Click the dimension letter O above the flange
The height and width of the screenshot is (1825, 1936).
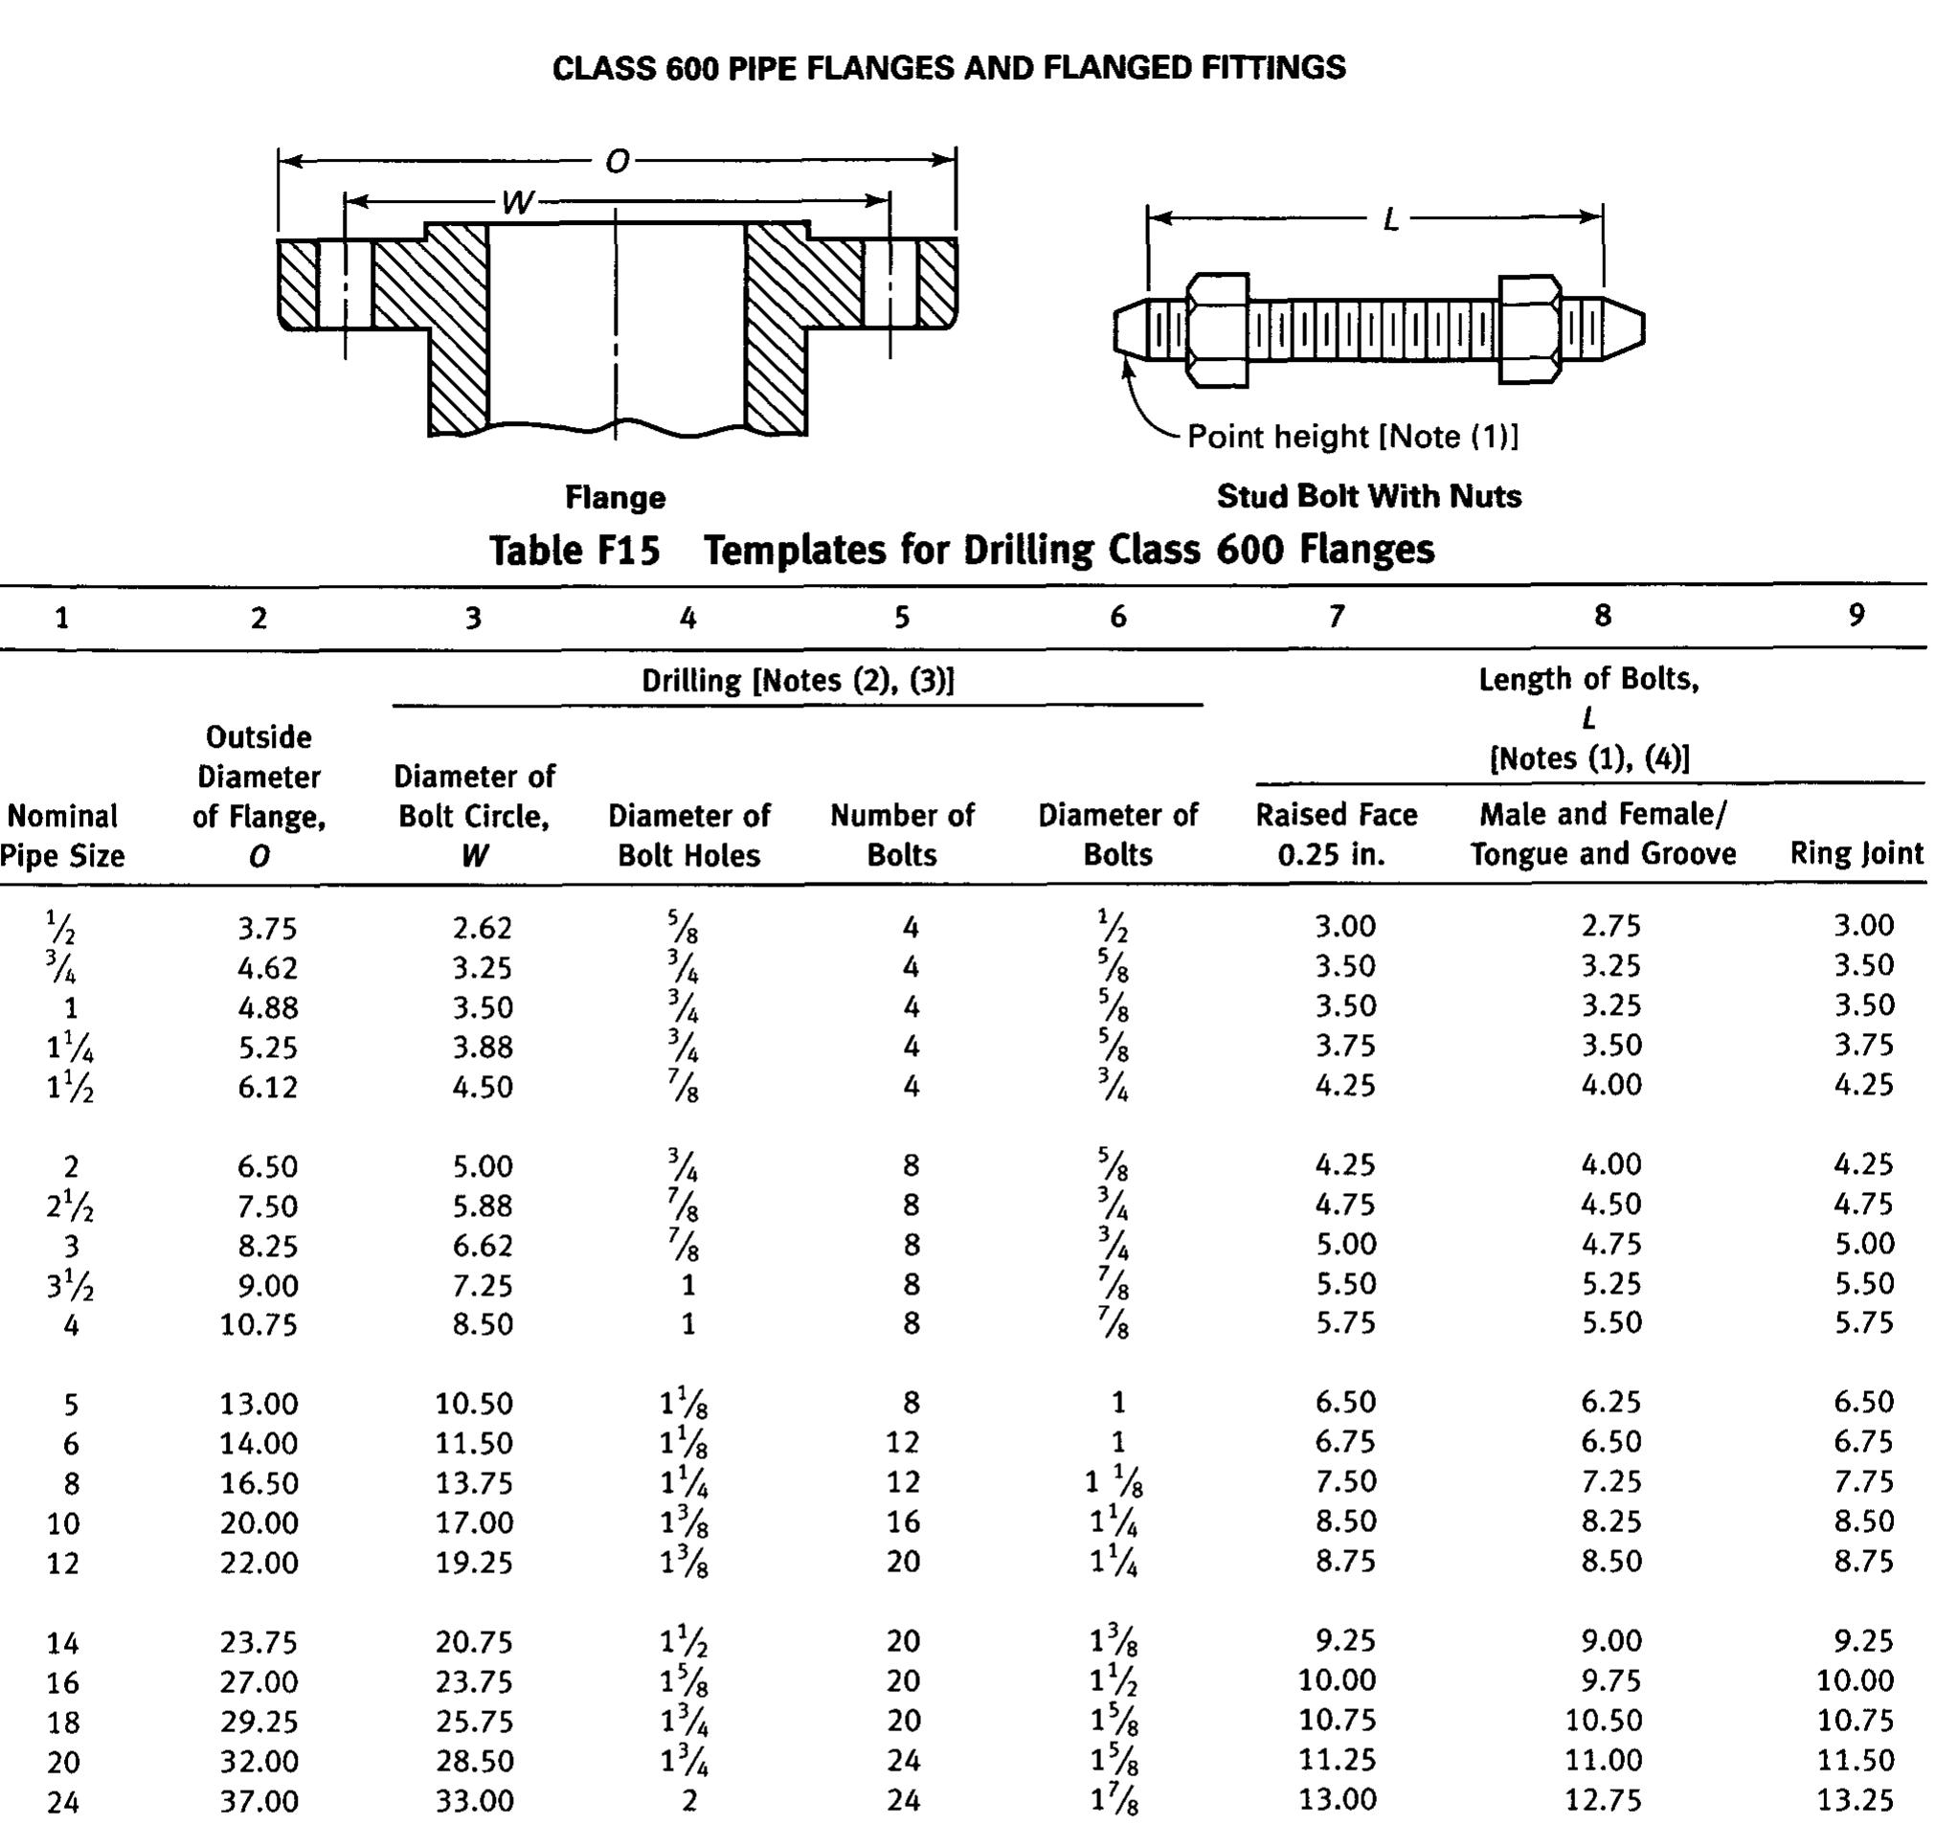coord(618,161)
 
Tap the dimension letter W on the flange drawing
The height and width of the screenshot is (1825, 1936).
coord(517,203)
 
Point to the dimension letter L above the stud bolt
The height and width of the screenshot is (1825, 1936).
coord(1391,219)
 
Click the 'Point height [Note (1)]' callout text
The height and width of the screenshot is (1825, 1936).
coord(1353,437)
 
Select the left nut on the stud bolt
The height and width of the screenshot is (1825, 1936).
coord(1217,329)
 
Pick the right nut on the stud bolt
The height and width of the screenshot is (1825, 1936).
coord(1530,329)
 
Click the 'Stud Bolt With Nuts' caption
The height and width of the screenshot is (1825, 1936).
coord(1368,496)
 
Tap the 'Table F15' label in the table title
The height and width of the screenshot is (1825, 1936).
coord(574,551)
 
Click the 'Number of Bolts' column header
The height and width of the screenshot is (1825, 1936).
coord(902,835)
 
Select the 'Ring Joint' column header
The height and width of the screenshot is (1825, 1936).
coord(1857,854)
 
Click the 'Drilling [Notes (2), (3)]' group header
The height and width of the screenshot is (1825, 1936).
coord(798,680)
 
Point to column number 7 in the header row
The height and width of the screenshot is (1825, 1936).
coord(1336,616)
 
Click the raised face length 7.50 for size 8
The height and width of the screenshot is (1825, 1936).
coord(1345,1481)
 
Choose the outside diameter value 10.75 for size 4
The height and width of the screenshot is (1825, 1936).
coord(259,1324)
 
